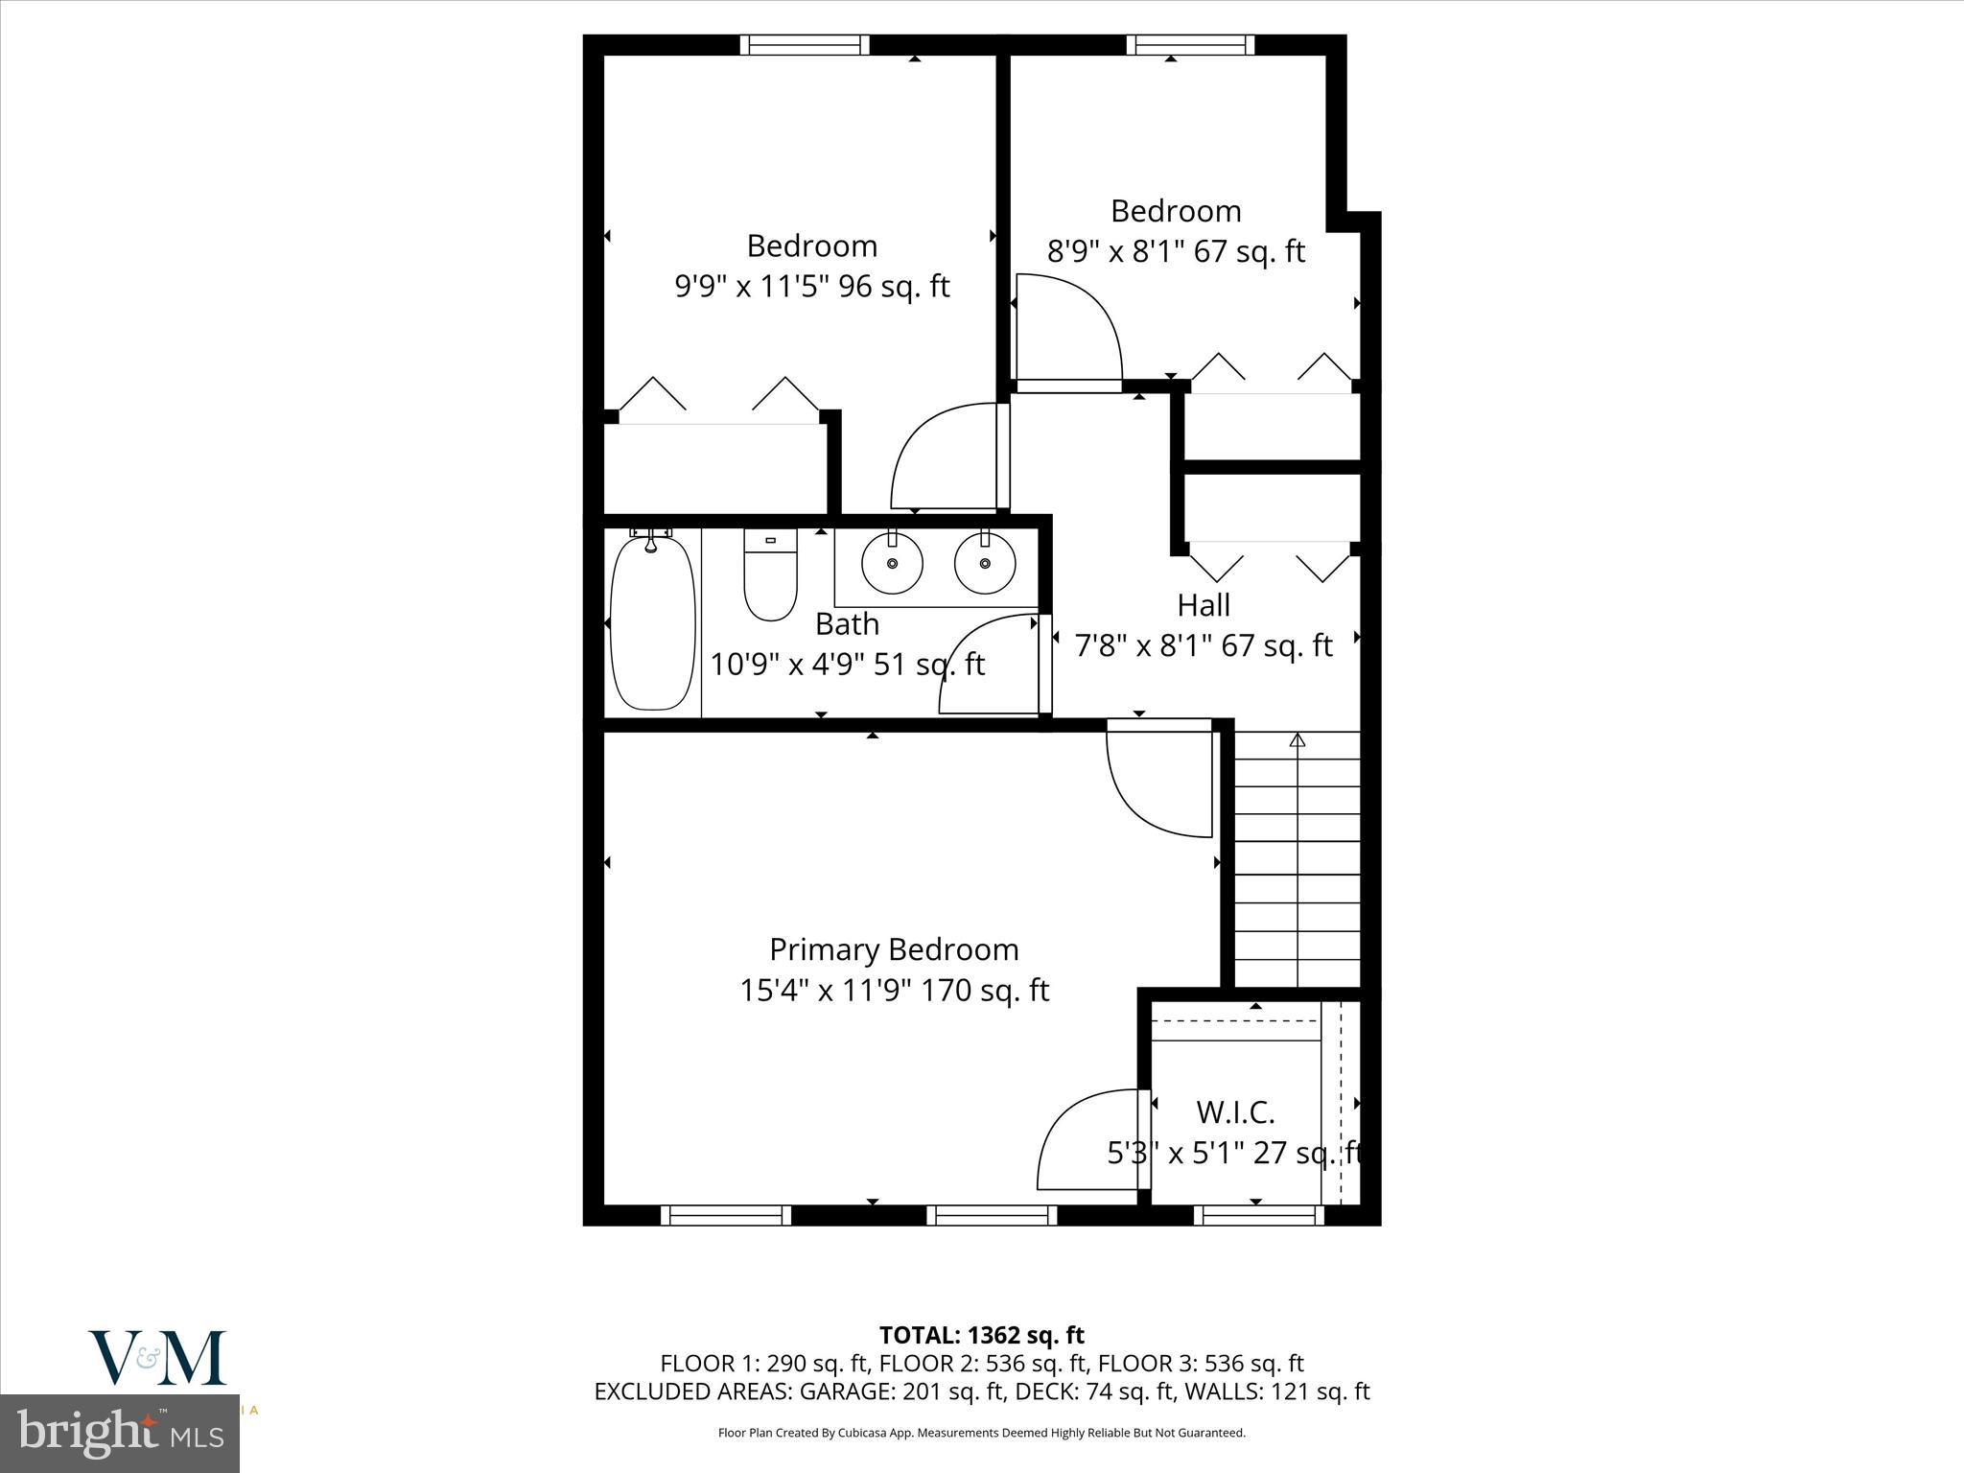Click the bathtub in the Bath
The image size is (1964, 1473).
pyautogui.click(x=652, y=623)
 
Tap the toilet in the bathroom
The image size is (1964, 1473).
pyautogui.click(x=771, y=575)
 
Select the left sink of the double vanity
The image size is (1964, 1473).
pyautogui.click(x=892, y=564)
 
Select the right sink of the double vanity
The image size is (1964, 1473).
pyautogui.click(x=984, y=564)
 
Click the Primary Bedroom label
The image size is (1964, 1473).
pyautogui.click(x=894, y=949)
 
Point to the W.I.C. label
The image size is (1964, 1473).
pyautogui.click(x=1235, y=1112)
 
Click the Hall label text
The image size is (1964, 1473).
pyautogui.click(x=1204, y=605)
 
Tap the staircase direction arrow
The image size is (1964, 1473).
pyautogui.click(x=1298, y=740)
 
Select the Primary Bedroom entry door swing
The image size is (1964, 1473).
pyautogui.click(x=1156, y=782)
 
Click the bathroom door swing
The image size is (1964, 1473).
pyautogui.click(x=988, y=666)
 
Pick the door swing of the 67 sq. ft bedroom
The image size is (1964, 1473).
pyautogui.click(x=1067, y=326)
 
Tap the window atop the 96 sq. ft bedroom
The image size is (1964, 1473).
pyautogui.click(x=805, y=45)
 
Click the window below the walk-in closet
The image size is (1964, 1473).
pyautogui.click(x=1258, y=1215)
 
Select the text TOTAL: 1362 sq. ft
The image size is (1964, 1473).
pyautogui.click(x=981, y=1335)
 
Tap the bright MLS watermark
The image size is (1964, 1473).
pyautogui.click(x=120, y=1433)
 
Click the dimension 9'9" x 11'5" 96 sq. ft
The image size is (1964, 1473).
pyautogui.click(x=811, y=287)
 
